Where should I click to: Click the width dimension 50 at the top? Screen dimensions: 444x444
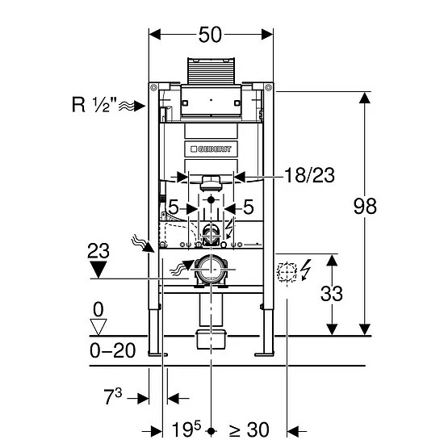tap(210, 35)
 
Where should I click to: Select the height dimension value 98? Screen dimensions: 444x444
tap(365, 206)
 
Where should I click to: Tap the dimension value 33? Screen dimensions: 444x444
tap(332, 293)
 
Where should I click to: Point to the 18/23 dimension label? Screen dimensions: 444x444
tap(309, 175)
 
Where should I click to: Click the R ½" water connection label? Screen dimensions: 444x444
tap(94, 104)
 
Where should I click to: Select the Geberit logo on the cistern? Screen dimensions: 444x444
tap(211, 149)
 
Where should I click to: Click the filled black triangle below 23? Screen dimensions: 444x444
tap(98, 270)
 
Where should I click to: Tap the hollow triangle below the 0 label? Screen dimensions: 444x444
tap(98, 327)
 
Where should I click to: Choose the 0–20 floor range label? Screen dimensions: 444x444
tap(113, 351)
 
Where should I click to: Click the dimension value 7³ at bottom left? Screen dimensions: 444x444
tap(113, 396)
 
